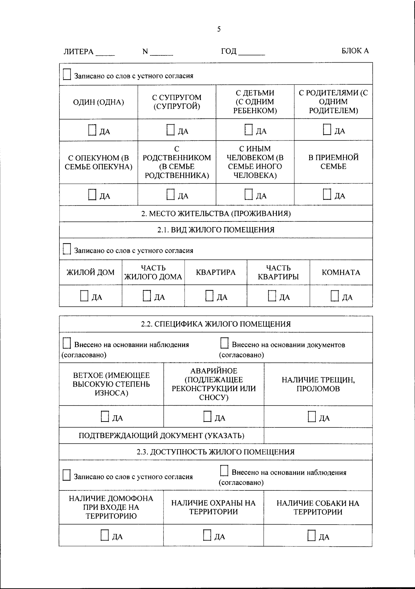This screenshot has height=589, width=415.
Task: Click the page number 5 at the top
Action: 219,29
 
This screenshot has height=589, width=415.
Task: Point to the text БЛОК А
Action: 355,51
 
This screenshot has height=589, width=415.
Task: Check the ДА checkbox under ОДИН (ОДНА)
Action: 92,130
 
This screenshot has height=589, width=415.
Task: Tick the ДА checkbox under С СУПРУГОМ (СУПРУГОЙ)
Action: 170,130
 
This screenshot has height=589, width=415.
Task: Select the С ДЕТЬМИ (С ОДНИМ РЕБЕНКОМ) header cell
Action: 255,102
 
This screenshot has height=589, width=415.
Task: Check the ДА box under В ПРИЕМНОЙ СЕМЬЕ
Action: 327,194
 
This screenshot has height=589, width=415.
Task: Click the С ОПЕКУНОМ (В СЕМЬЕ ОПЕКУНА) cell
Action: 99,162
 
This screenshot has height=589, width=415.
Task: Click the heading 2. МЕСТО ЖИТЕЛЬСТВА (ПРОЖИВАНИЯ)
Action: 216,214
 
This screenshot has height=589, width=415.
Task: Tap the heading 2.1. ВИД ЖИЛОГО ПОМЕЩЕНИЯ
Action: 216,230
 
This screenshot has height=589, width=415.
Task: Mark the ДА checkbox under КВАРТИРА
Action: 209,296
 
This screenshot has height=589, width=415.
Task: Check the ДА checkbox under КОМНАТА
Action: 334,296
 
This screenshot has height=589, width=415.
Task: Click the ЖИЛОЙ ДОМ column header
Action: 91,272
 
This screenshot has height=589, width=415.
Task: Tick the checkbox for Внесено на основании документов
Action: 224,344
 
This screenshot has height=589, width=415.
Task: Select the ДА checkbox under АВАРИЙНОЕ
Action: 207,417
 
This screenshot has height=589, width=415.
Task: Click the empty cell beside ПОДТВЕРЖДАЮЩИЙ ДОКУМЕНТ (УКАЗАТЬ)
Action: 318,435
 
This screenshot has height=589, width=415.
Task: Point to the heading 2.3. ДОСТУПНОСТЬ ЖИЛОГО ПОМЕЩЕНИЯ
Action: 215,452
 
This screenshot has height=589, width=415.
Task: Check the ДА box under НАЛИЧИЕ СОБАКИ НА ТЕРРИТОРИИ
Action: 312,535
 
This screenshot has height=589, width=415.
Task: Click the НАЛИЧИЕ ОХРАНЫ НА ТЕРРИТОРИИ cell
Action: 213,507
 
